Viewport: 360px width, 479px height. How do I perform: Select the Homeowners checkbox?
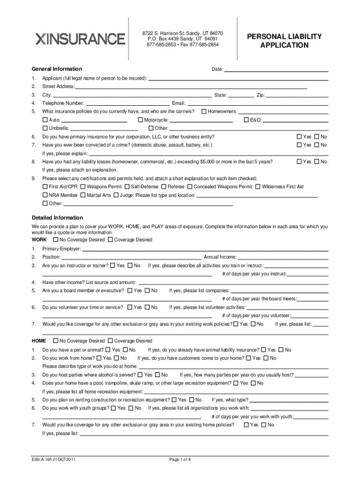click(x=204, y=111)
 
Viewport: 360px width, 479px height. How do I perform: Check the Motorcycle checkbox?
click(x=140, y=120)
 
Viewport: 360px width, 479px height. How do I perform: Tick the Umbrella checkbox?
click(x=45, y=128)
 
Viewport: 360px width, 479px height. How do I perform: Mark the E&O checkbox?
click(x=246, y=120)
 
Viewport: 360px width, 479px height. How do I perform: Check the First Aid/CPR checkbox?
click(x=45, y=187)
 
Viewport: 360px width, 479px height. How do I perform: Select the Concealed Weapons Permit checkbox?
click(x=190, y=187)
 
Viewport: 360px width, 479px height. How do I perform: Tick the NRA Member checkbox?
click(x=45, y=195)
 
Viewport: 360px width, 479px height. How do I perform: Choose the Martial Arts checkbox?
click(x=83, y=195)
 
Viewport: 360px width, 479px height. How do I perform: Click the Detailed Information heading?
click(x=57, y=218)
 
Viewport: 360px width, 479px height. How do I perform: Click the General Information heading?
click(x=57, y=69)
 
